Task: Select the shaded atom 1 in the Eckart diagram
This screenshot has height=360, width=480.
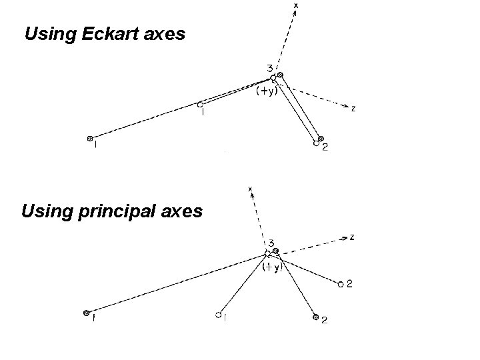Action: click(89, 139)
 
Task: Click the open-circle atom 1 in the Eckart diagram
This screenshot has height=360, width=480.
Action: click(199, 104)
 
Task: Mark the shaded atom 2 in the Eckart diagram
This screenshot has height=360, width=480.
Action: click(321, 139)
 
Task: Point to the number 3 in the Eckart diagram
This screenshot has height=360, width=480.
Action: click(269, 67)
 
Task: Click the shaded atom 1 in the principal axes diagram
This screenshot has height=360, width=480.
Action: click(86, 312)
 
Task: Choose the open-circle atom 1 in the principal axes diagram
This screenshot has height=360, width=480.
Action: click(219, 315)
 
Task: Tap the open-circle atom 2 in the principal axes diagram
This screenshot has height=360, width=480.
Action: click(340, 285)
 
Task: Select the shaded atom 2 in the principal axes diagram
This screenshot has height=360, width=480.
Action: click(315, 318)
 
